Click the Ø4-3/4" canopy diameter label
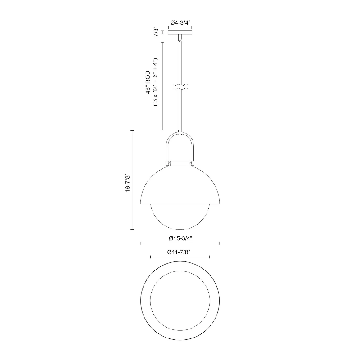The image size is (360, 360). (x=180, y=22)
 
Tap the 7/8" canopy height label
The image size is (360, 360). (x=156, y=32)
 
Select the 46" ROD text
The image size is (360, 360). (x=148, y=82)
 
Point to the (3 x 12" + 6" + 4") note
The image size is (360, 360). (x=156, y=82)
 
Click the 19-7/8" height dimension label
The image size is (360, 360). (x=128, y=183)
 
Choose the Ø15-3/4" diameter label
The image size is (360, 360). (x=180, y=238)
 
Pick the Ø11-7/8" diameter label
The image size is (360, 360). (x=179, y=252)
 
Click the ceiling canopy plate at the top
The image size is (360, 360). (x=180, y=32)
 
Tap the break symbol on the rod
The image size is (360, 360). (x=180, y=86)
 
